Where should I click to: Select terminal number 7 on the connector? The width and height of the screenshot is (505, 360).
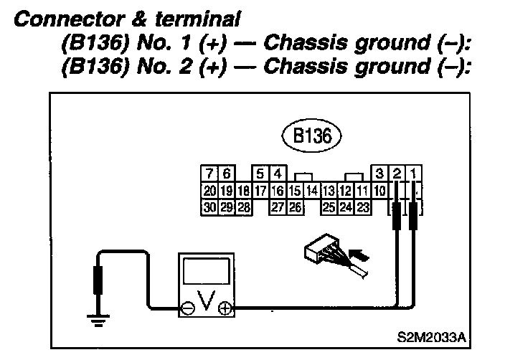click(209, 174)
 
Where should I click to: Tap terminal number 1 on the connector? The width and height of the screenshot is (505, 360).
click(415, 174)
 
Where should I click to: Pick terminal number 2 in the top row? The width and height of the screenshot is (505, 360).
click(397, 174)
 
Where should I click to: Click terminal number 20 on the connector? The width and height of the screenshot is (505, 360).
click(209, 191)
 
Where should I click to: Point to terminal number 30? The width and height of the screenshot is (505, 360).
click(209, 207)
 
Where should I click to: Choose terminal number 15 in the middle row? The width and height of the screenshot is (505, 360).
click(294, 191)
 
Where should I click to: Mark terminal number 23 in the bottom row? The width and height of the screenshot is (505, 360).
click(363, 207)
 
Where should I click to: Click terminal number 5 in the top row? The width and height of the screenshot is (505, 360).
click(260, 174)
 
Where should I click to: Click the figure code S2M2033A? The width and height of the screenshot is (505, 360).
click(438, 335)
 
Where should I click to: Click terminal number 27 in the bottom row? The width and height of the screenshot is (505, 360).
click(278, 207)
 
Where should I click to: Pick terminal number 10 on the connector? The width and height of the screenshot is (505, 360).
click(380, 191)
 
